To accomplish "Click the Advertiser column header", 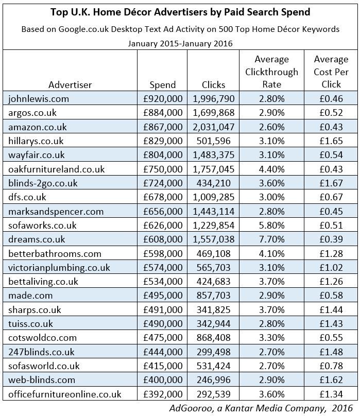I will (70, 84).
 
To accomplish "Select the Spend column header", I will (162, 84).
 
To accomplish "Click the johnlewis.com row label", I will (39, 98).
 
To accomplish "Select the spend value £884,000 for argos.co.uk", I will (162, 112).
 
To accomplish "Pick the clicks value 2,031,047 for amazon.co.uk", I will (213, 127).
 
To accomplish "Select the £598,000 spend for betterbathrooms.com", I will (162, 253).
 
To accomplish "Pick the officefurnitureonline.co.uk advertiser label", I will (65, 394).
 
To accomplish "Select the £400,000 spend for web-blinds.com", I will (162, 380).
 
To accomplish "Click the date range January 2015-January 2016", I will (180, 43).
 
